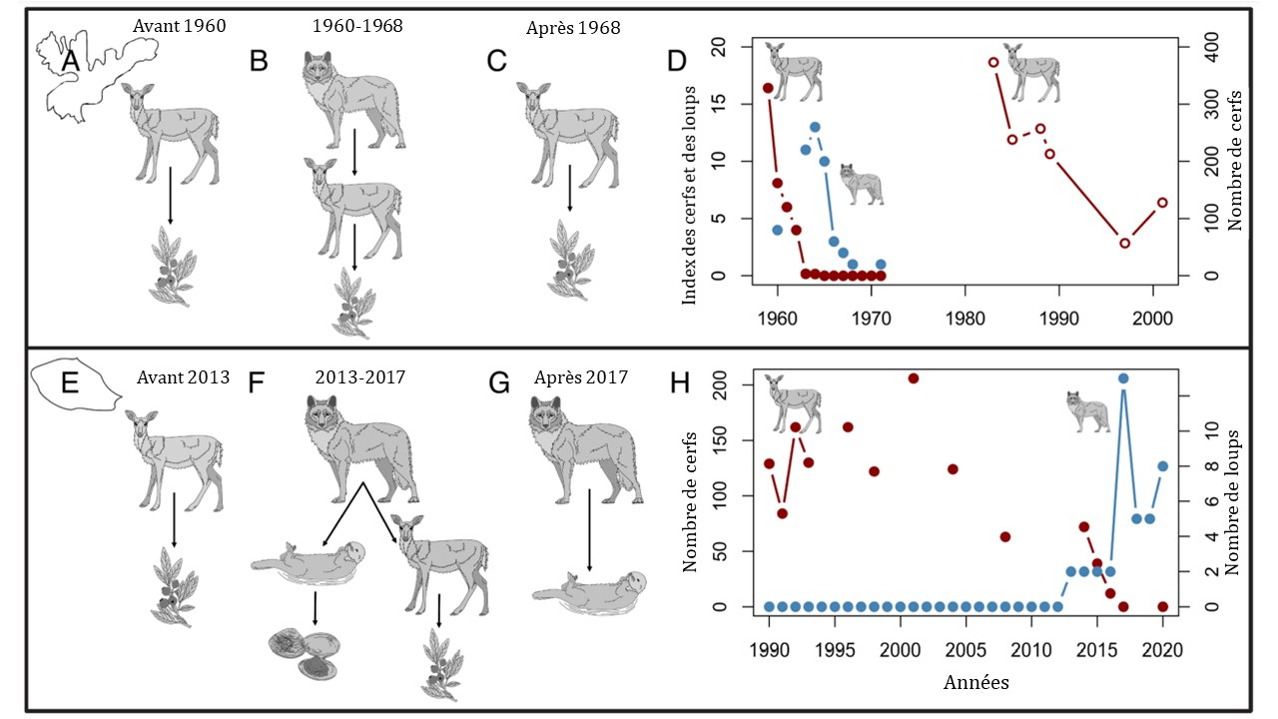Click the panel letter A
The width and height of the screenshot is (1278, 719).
coord(69,62)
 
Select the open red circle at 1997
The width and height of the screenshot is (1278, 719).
coord(1124,243)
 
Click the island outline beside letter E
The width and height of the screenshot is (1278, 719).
coord(75,385)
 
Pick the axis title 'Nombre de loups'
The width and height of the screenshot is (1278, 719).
coord(1235,501)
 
